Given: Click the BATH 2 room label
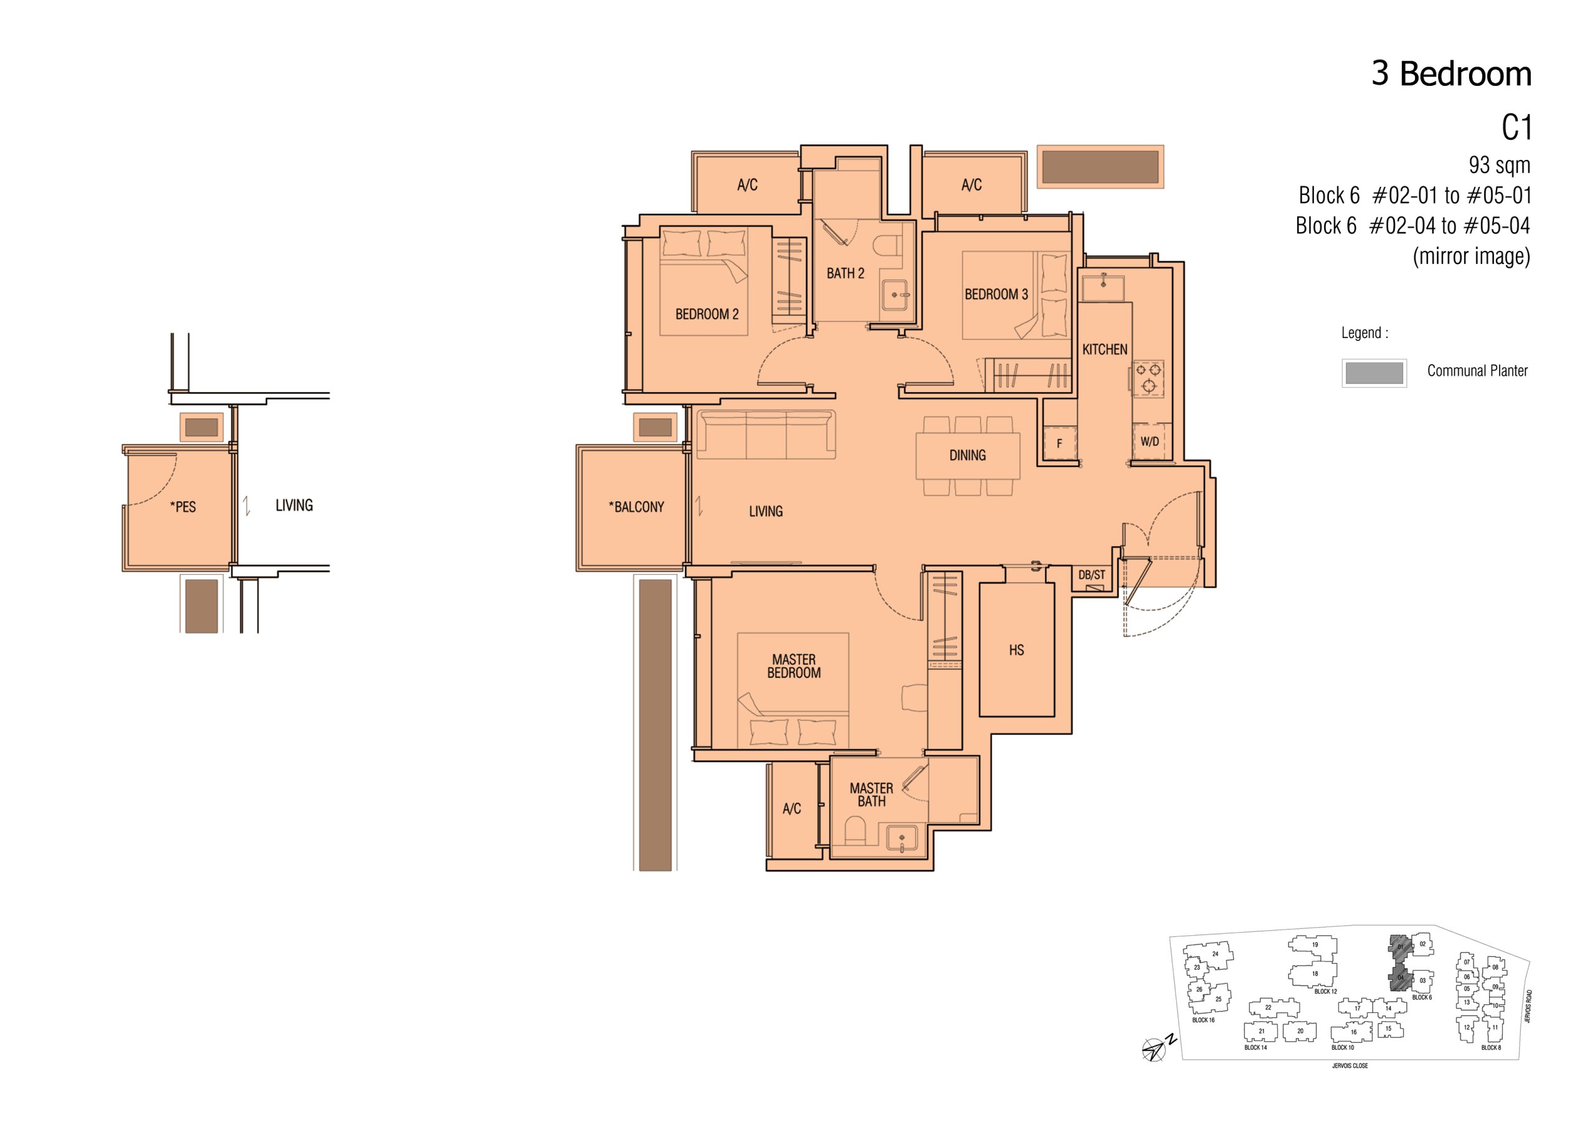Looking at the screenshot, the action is (845, 273).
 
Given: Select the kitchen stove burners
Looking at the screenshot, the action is (1148, 378).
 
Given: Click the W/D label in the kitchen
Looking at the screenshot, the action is (1150, 441).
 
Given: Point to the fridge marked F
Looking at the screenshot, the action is (1059, 443).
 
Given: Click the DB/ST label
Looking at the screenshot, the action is (1092, 575).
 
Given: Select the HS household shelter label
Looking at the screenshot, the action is (1016, 650).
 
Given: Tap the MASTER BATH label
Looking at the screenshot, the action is (871, 795).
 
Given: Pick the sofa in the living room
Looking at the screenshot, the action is (766, 434).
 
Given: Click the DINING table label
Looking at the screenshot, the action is (968, 456).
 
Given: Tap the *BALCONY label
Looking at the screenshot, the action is (636, 507).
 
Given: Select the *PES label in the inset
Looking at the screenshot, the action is (183, 507).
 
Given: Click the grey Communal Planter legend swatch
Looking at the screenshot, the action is (1374, 373).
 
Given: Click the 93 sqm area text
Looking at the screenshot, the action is (1500, 165).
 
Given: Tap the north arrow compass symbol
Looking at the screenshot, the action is (1155, 1049).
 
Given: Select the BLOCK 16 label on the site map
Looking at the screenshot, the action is (1203, 1020).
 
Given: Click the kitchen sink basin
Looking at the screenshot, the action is (1103, 288).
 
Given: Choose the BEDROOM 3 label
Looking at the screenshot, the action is (996, 295).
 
